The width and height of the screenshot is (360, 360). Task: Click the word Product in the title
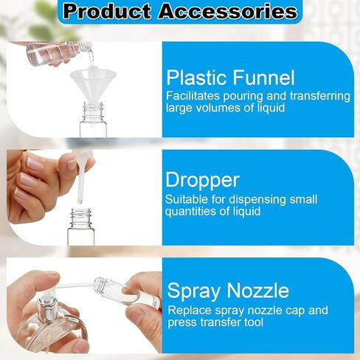(x=105, y=12)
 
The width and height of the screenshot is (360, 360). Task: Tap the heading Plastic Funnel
(x=230, y=77)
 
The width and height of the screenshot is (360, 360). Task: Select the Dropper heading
(x=201, y=180)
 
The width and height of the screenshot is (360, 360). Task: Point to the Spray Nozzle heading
(x=227, y=289)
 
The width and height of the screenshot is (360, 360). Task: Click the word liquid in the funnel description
(x=270, y=108)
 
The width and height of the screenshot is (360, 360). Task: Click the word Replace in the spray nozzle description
(x=189, y=311)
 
